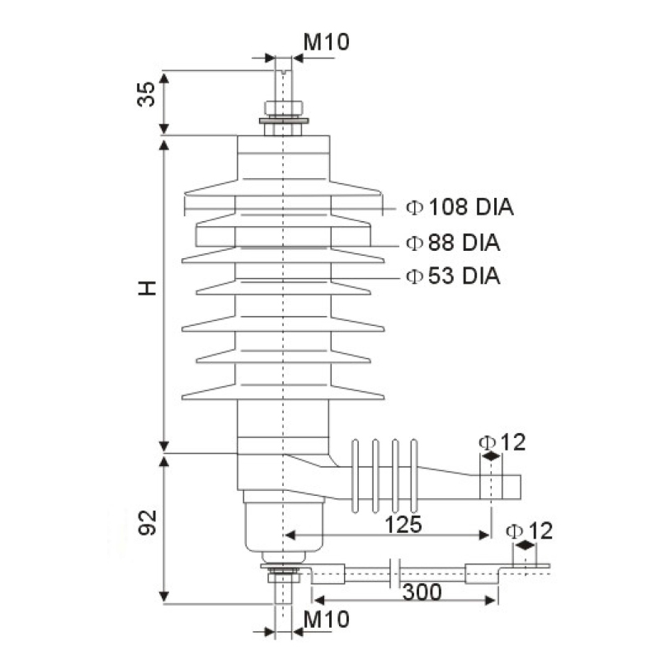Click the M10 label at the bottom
pos(325,619)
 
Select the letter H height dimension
pos(146,288)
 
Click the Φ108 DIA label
pos(460,207)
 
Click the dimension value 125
pos(402,524)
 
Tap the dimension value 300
pos(421,592)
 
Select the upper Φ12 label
pos(501,442)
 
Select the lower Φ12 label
pos(529,530)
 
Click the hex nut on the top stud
pos(283,108)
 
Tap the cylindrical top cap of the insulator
pos(283,157)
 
